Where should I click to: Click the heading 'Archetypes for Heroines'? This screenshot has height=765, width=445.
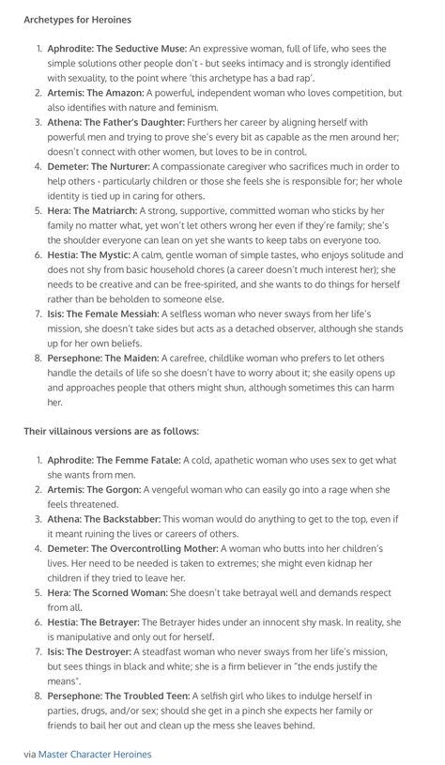(78, 19)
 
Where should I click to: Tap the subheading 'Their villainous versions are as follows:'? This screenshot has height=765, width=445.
(111, 431)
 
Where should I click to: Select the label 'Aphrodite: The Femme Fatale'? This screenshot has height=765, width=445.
(112, 460)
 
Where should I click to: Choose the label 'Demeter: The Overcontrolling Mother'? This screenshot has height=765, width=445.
(129, 548)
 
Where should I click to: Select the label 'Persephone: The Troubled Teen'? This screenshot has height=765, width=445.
(118, 696)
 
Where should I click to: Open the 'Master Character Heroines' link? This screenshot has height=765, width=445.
(94, 754)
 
